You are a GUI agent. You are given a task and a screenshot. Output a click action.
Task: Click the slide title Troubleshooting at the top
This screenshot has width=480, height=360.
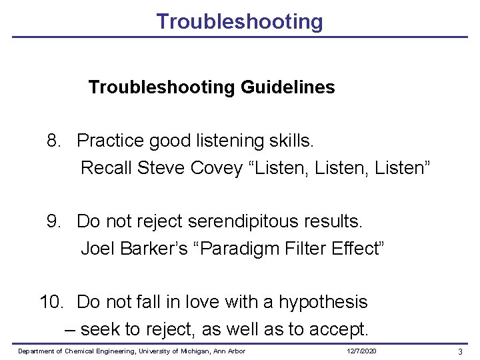pyautogui.click(x=239, y=21)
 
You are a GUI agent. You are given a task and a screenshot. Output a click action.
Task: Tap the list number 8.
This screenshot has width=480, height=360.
pyautogui.click(x=53, y=141)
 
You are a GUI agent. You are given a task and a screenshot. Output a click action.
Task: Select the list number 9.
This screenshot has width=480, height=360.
pyautogui.click(x=53, y=221)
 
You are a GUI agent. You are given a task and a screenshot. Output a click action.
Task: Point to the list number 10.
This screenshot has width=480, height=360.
pyautogui.click(x=51, y=302)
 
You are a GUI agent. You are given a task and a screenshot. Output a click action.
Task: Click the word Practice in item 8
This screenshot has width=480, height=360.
pyautogui.click(x=110, y=141)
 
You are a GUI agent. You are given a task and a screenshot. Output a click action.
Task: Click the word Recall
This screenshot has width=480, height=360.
pyautogui.click(x=106, y=168)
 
